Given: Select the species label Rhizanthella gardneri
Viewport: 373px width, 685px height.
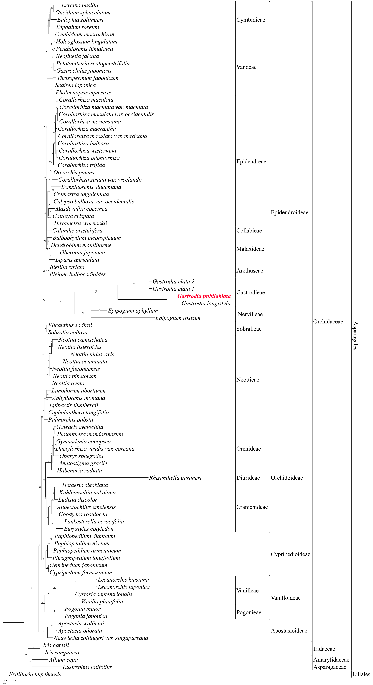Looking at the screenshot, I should [175, 478].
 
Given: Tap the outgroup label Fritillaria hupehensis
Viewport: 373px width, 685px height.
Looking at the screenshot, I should [35, 674].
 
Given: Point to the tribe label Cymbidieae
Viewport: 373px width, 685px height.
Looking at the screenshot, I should [251, 20].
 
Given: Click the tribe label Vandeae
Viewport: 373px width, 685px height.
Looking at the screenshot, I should [246, 67].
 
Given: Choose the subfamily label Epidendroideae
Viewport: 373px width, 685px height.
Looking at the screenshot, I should [289, 212].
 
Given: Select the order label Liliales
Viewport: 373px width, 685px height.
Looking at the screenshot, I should [361, 674].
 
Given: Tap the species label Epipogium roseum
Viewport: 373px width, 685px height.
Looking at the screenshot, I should [178, 318].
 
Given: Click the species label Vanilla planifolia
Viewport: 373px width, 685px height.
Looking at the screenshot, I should [102, 602].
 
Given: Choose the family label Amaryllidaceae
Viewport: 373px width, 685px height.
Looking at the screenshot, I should [331, 660].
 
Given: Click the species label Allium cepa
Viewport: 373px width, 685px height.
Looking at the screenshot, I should [63, 660].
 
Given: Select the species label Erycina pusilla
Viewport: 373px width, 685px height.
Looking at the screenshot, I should [80, 5].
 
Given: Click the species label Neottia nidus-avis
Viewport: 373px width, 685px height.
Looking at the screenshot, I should [92, 354].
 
